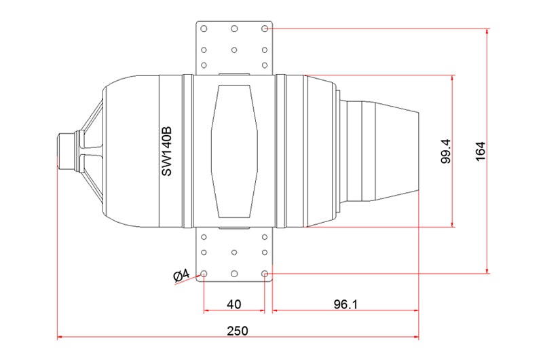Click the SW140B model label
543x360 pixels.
coord(166,151)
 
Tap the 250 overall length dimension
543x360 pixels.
coord(238,331)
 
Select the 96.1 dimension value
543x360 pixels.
coord(345,304)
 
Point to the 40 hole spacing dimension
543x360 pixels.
coord(234,304)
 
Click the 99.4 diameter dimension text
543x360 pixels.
coord(446,151)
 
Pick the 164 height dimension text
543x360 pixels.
coord(481,151)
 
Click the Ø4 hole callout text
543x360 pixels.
coord(181,276)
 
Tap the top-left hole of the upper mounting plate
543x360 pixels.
coord(204,29)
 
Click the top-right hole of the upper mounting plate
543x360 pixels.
coord(265,29)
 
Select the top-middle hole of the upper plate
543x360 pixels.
coord(234,29)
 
